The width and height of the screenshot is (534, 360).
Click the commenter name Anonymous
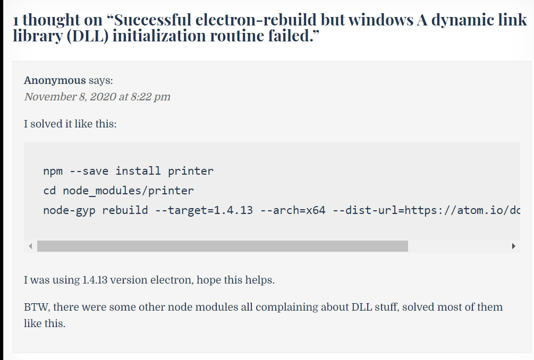point(55,81)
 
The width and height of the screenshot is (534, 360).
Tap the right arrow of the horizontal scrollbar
point(513,246)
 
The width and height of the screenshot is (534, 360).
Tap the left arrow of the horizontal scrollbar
point(30,246)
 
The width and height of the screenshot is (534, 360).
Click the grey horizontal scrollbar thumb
point(222,246)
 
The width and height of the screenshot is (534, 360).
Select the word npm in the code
point(53,171)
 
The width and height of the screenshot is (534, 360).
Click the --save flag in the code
point(89,171)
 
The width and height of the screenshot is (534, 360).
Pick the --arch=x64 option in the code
point(293,210)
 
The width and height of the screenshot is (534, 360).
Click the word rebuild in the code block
point(125,210)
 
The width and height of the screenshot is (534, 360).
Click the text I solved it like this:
point(70,124)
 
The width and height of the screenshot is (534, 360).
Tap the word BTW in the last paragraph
point(36,307)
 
